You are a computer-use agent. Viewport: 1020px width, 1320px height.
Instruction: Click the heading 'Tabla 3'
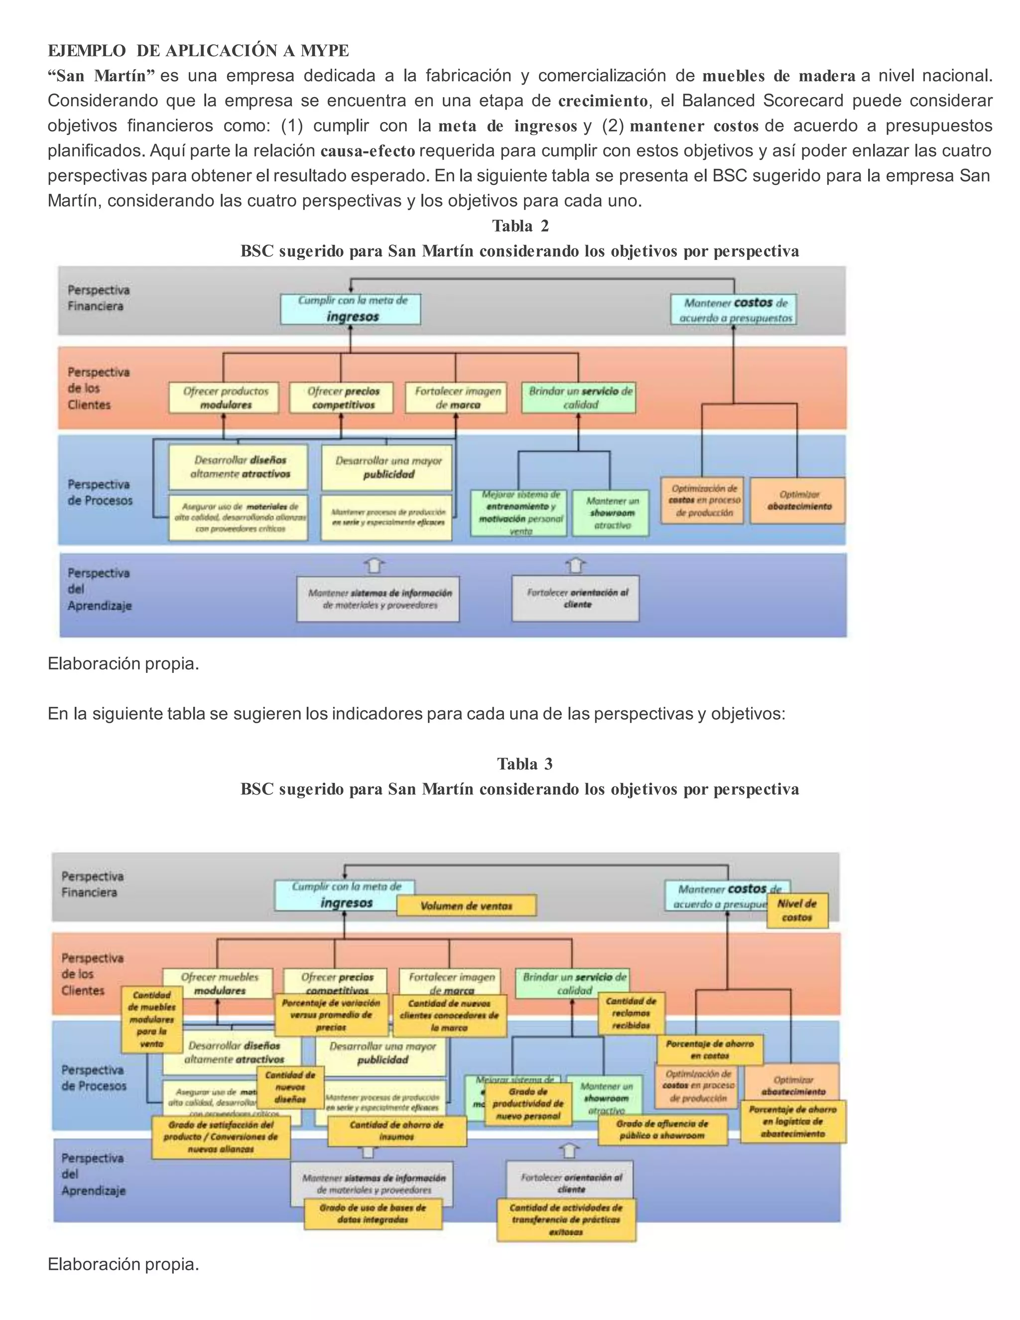pyautogui.click(x=524, y=764)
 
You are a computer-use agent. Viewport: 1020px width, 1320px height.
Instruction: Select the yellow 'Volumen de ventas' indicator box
pyautogui.click(x=466, y=906)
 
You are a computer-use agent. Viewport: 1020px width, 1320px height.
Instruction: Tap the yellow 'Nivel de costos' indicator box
pyautogui.click(x=797, y=910)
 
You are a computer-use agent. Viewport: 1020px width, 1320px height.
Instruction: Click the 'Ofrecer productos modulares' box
pyautogui.click(x=224, y=397)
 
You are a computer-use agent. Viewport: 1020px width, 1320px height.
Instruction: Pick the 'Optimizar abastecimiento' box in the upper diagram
pyautogui.click(x=798, y=501)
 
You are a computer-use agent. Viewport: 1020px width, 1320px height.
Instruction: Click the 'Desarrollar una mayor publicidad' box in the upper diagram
pyautogui.click(x=386, y=467)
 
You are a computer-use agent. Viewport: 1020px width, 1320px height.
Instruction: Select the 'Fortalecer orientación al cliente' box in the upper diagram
pyautogui.click(x=575, y=598)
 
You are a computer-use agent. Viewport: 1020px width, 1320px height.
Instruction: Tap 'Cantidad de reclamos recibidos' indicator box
pyautogui.click(x=631, y=1013)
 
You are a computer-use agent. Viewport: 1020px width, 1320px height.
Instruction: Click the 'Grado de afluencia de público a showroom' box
pyautogui.click(x=662, y=1129)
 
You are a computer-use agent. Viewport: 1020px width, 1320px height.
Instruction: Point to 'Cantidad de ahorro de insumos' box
pyautogui.click(x=396, y=1130)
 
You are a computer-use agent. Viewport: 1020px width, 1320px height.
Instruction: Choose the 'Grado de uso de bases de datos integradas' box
pyautogui.click(x=373, y=1213)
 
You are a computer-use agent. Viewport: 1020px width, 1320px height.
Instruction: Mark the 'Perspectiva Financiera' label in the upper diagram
pyautogui.click(x=98, y=298)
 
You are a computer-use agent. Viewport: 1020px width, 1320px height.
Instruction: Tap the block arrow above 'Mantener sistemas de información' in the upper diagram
pyautogui.click(x=375, y=566)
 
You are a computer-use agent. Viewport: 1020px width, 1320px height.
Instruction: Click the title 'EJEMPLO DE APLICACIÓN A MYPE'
pyautogui.click(x=198, y=50)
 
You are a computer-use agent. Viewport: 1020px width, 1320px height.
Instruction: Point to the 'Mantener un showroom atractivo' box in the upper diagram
pyautogui.click(x=611, y=513)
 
